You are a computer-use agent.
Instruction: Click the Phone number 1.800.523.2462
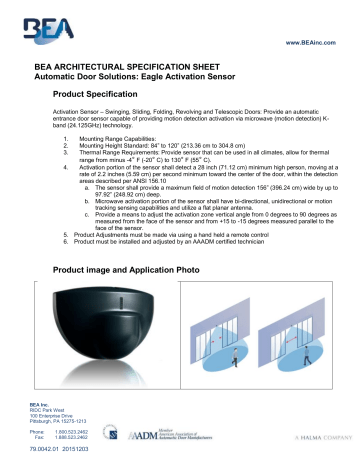[80, 432]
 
